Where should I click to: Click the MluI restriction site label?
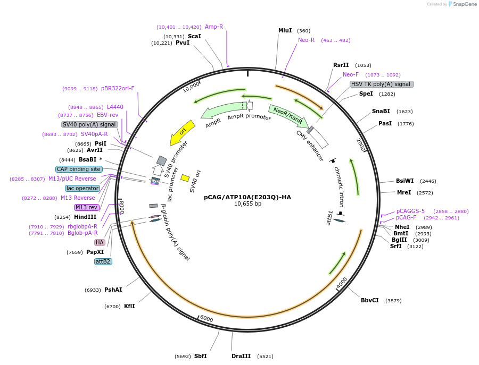pos(285,30)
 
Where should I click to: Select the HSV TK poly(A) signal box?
pos(382,84)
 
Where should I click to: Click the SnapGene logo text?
pos(465,4)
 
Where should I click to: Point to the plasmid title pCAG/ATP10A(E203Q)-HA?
pos(247,197)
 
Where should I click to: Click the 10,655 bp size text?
pos(247,204)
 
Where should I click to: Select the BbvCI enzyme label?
pos(370,300)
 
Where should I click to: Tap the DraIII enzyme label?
pos(241,356)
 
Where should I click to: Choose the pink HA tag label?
pos(100,242)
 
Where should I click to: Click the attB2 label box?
pos(103,261)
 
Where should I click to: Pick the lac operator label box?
pos(82,188)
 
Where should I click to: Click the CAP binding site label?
pos(79,169)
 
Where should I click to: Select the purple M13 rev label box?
pos(86,207)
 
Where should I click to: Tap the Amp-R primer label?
pos(214,27)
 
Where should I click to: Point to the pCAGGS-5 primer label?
pos(410,211)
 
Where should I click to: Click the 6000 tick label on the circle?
pos(206,319)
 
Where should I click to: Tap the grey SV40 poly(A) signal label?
pos(89,124)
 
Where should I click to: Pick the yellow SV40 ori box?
pos(185,178)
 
